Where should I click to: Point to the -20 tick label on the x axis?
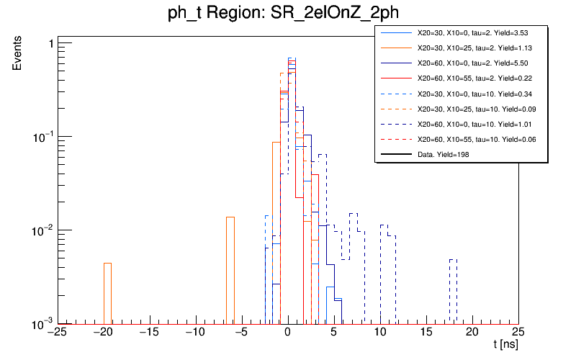click(x=103, y=333)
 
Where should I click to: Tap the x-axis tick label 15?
click(x=426, y=333)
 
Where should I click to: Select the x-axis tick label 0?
click(x=287, y=333)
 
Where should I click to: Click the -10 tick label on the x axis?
click(x=195, y=333)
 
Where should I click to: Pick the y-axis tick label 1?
click(x=50, y=45)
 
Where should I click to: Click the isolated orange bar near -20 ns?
click(x=107, y=293)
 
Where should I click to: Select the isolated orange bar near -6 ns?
click(x=230, y=270)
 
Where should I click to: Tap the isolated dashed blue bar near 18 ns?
click(x=454, y=291)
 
